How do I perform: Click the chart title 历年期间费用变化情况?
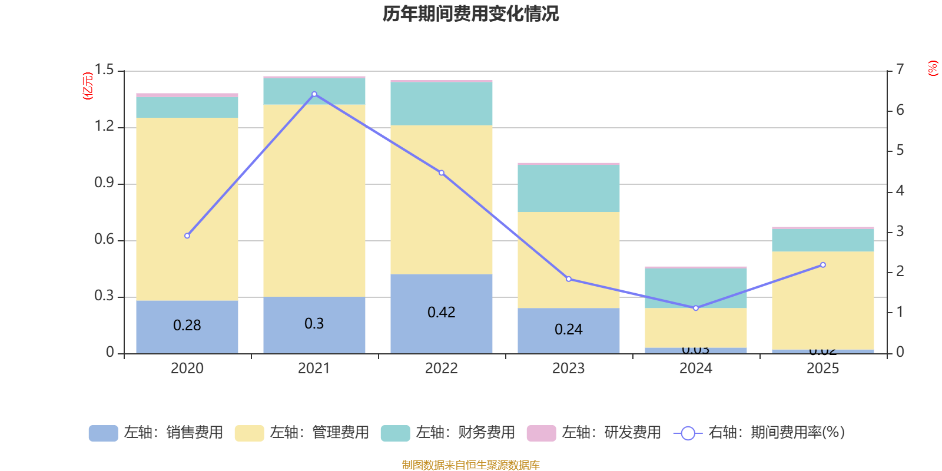pos(470,14)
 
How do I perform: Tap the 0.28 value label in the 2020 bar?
pos(187,326)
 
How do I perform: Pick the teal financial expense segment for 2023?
pos(569,188)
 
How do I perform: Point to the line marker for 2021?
pos(314,94)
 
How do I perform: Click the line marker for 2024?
pos(696,308)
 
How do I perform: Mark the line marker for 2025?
pos(823,265)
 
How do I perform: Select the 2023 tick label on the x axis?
pos(568,369)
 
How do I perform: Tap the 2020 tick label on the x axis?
pos(187,369)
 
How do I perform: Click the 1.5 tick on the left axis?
pos(104,70)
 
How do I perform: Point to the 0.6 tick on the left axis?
pos(104,240)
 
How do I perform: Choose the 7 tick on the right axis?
pos(900,69)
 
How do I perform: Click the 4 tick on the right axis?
pos(900,191)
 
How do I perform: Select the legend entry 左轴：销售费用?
pos(157,433)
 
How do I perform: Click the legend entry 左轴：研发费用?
pos(594,433)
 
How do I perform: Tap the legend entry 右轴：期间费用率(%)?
pos(759,433)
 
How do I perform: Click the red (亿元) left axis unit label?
pos(88,86)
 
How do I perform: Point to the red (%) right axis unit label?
pos(933,68)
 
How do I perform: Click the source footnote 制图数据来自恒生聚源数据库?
pos(470,465)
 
